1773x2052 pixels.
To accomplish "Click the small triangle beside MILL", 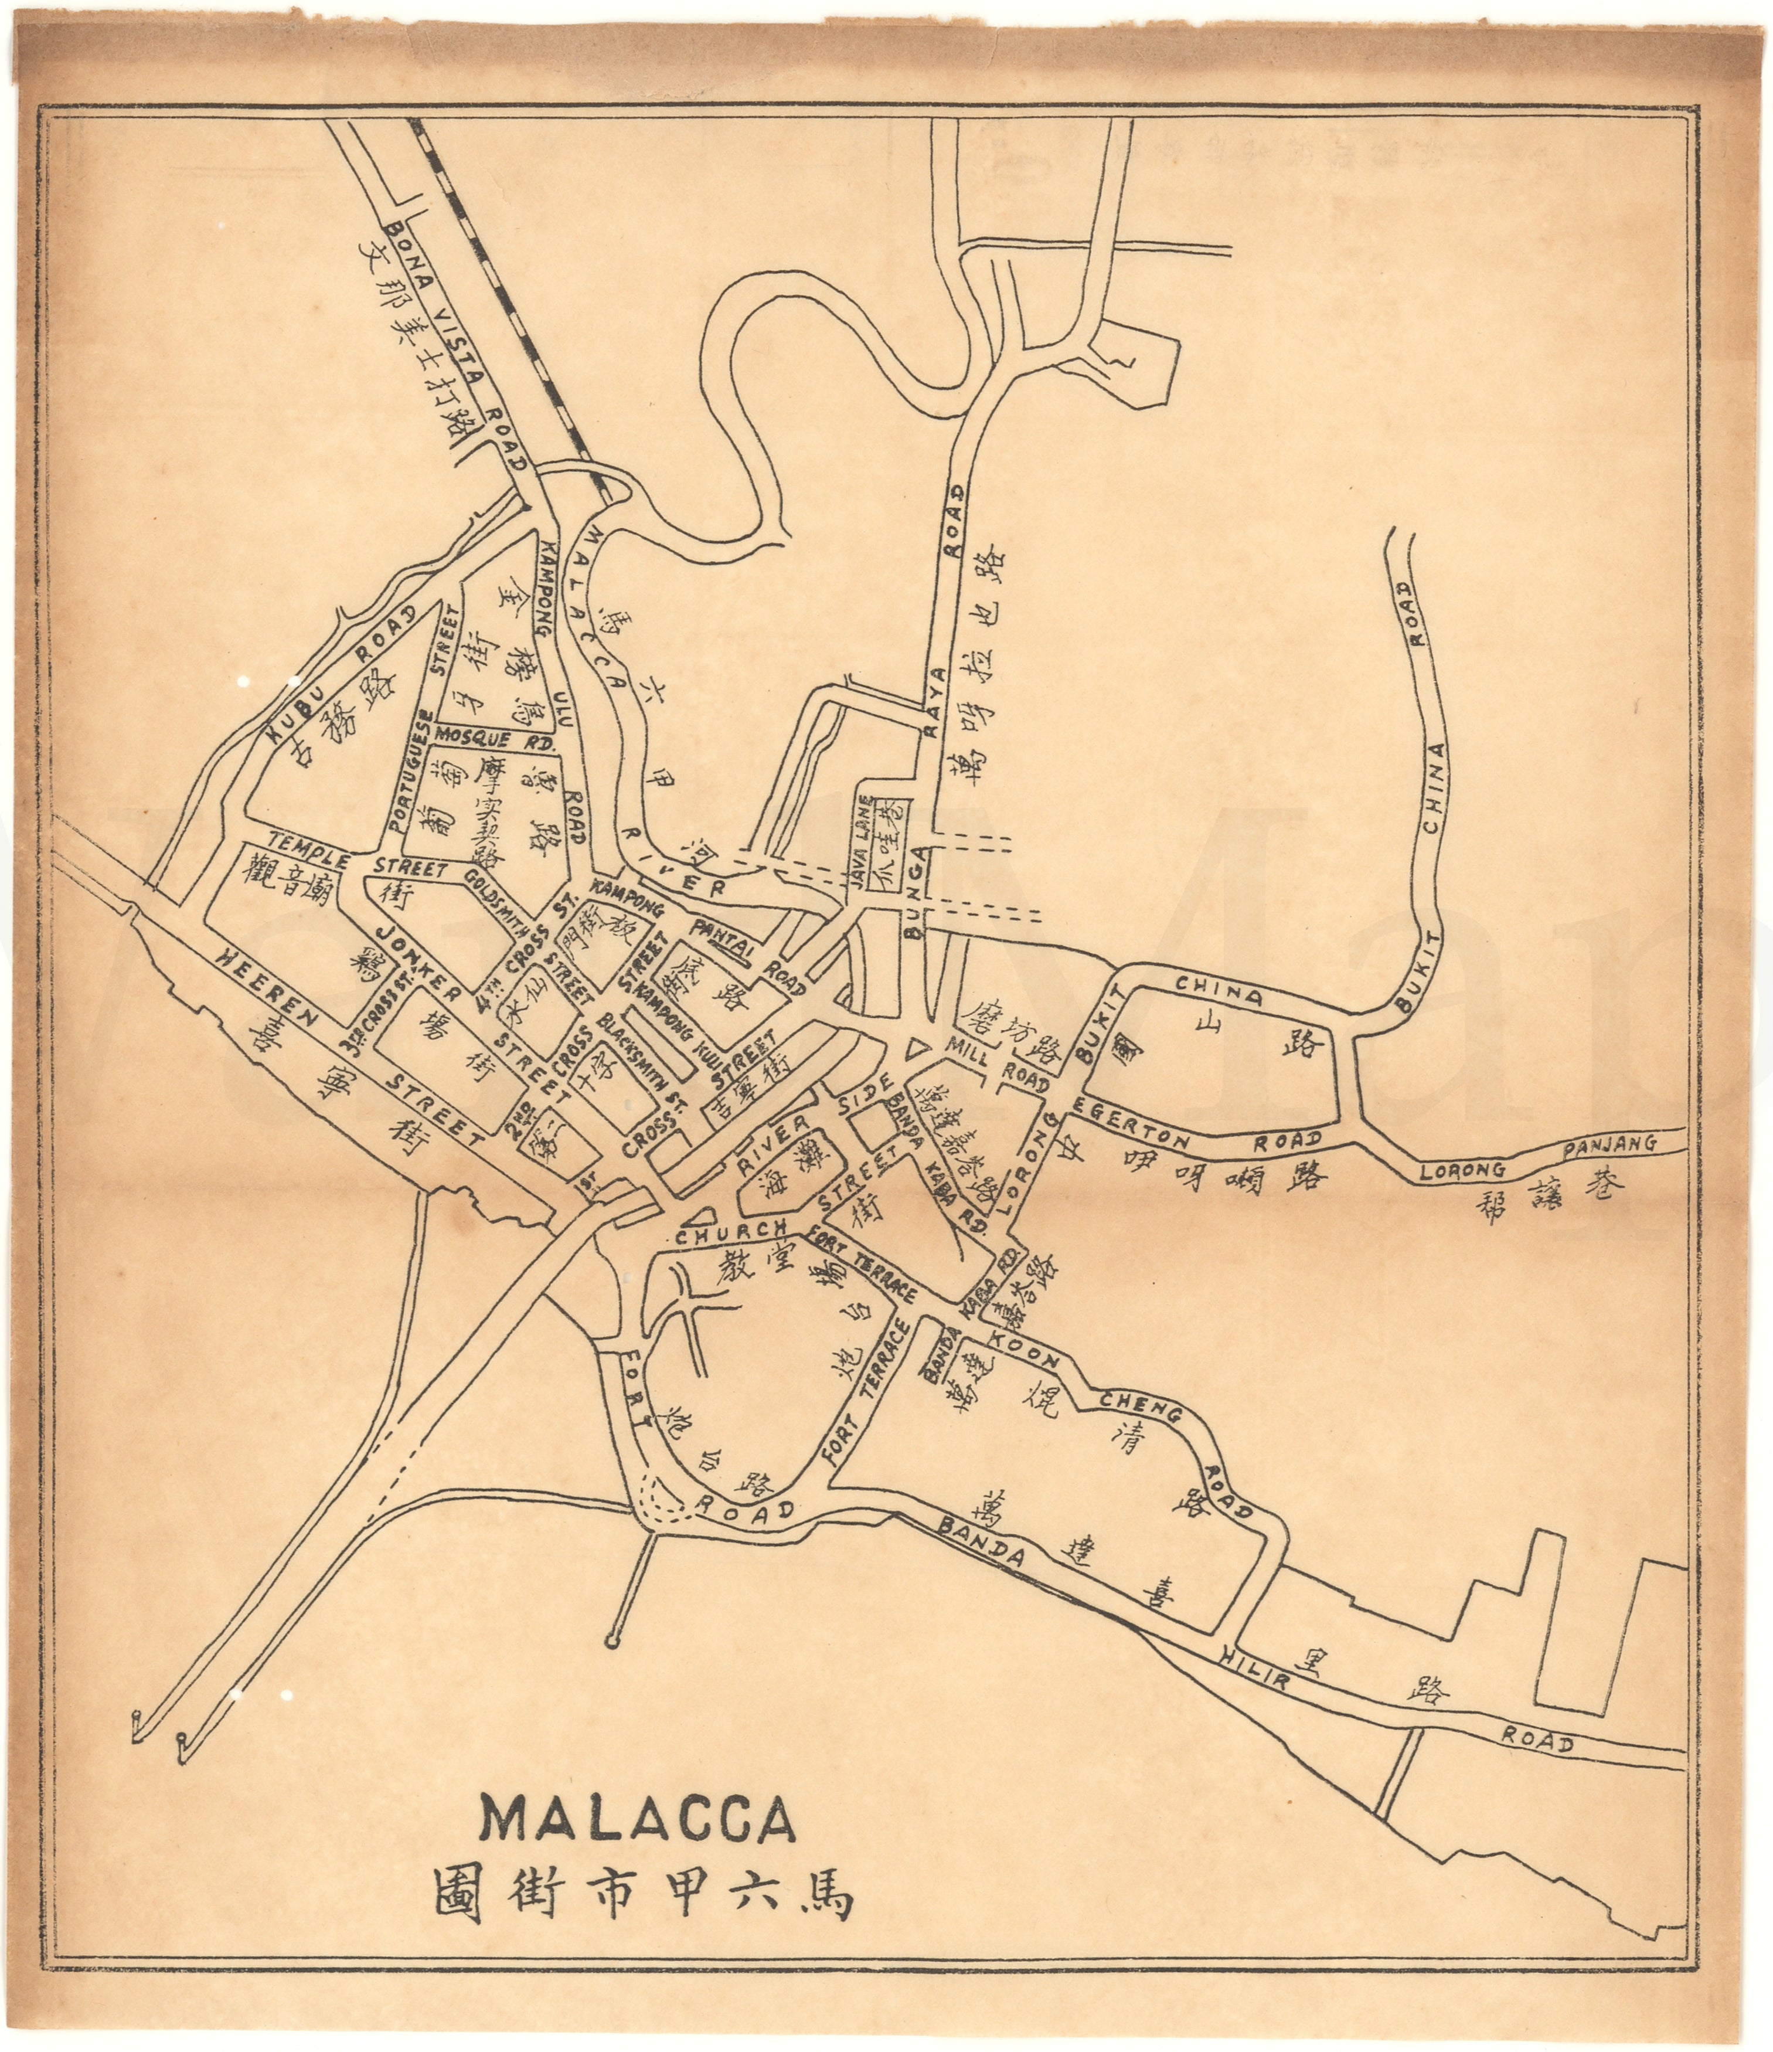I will point(917,1046).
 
